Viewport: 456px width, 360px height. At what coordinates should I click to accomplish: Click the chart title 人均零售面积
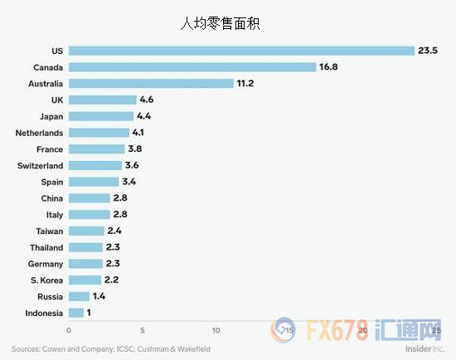point(227,23)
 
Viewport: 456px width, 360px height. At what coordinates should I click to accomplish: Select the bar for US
point(241,51)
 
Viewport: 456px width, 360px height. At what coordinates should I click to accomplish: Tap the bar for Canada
point(192,67)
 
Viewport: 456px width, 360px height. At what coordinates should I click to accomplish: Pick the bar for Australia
point(151,83)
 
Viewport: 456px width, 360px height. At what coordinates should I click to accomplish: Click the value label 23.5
point(428,51)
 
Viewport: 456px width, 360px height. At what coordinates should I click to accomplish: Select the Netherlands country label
point(39,133)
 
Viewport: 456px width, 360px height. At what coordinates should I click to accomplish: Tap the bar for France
point(96,148)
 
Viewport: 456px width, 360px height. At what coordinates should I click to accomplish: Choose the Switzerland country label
point(39,165)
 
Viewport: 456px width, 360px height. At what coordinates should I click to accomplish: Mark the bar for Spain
point(94,182)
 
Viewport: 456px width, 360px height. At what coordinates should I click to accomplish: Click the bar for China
point(90,198)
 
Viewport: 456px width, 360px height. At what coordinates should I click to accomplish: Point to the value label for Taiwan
point(115,231)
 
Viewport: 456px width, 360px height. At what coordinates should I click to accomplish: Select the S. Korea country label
point(45,280)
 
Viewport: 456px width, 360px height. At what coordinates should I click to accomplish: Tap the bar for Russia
point(79,296)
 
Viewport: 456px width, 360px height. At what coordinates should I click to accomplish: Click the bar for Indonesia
point(76,313)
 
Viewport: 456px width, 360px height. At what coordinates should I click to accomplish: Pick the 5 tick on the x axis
point(143,330)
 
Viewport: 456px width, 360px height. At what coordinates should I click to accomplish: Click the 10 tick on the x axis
point(216,330)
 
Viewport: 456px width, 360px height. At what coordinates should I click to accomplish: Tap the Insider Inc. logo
point(418,349)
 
